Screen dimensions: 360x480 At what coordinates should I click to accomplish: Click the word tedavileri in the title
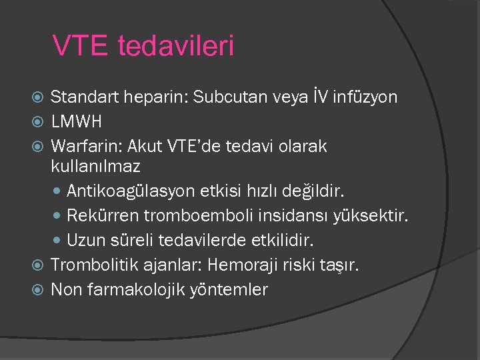click(176, 46)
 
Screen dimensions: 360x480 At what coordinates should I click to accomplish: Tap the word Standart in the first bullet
click(83, 97)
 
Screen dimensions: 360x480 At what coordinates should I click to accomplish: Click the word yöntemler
click(229, 289)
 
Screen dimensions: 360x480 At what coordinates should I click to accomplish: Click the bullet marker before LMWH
click(38, 122)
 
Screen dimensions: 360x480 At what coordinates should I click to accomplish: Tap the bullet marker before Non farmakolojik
click(38, 290)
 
